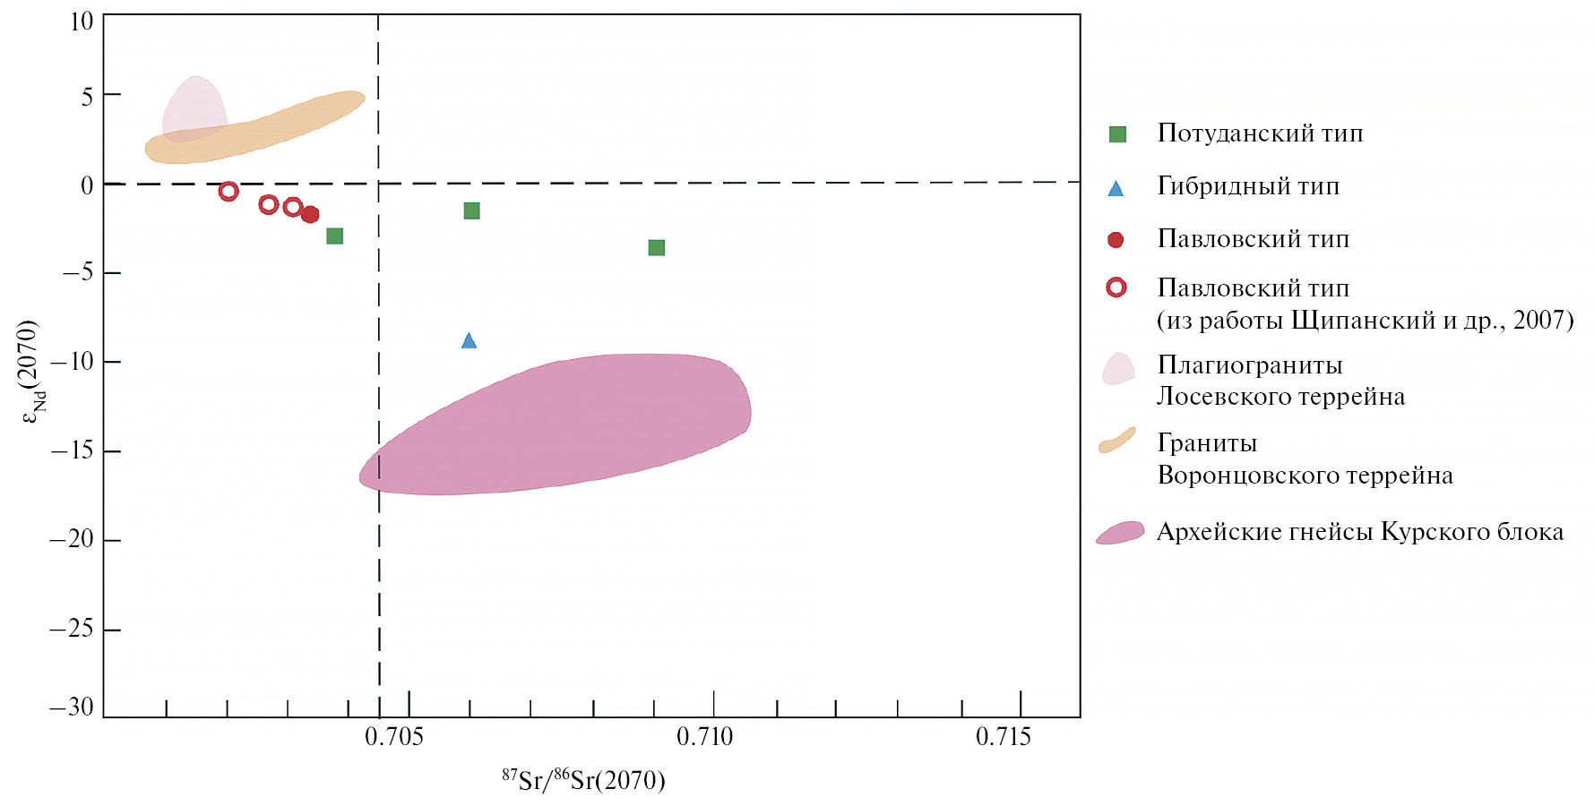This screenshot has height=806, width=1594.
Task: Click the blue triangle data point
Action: click(469, 340)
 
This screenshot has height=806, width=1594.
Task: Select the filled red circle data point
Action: click(310, 214)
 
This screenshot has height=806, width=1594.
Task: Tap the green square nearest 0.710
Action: click(657, 247)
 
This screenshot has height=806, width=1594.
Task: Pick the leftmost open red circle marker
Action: click(228, 191)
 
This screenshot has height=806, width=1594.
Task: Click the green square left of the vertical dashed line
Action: click(335, 236)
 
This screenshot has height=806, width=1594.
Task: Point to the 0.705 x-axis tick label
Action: click(394, 737)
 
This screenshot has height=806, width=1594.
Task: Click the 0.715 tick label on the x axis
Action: click(1004, 737)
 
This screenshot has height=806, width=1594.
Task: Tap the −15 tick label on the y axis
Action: click(73, 450)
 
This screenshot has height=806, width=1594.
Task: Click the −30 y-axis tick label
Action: click(72, 707)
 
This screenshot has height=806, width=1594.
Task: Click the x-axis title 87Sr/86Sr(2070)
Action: click(583, 780)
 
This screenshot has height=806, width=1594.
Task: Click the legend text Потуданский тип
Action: click(1260, 133)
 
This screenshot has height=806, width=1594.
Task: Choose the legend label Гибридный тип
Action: click(1248, 186)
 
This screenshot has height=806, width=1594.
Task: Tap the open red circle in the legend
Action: click(1116, 287)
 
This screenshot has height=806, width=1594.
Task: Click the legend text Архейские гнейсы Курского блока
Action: click(1360, 532)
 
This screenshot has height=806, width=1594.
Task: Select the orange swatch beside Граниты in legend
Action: click(1117, 441)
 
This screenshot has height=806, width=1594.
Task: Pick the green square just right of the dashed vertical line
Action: click(471, 210)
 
